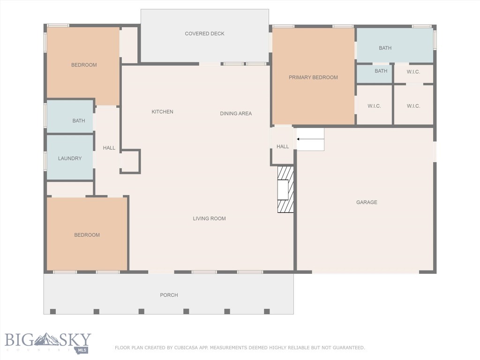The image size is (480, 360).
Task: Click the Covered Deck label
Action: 204,34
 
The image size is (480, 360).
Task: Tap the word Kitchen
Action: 162,112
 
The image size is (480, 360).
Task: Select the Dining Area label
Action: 236,113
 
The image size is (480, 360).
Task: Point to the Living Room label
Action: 209,218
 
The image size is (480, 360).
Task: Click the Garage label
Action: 367,202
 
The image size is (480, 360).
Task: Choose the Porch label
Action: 169,295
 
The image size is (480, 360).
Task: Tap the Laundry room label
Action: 70,158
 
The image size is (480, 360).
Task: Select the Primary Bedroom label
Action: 313,77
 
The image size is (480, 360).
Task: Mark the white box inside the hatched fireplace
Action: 283,190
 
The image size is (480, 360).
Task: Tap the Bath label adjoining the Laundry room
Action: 79,121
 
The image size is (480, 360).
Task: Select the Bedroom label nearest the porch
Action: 87,235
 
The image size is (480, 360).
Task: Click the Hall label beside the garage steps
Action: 283,147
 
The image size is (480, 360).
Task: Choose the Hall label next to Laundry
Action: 109,148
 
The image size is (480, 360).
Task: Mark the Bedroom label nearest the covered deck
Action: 84,65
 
